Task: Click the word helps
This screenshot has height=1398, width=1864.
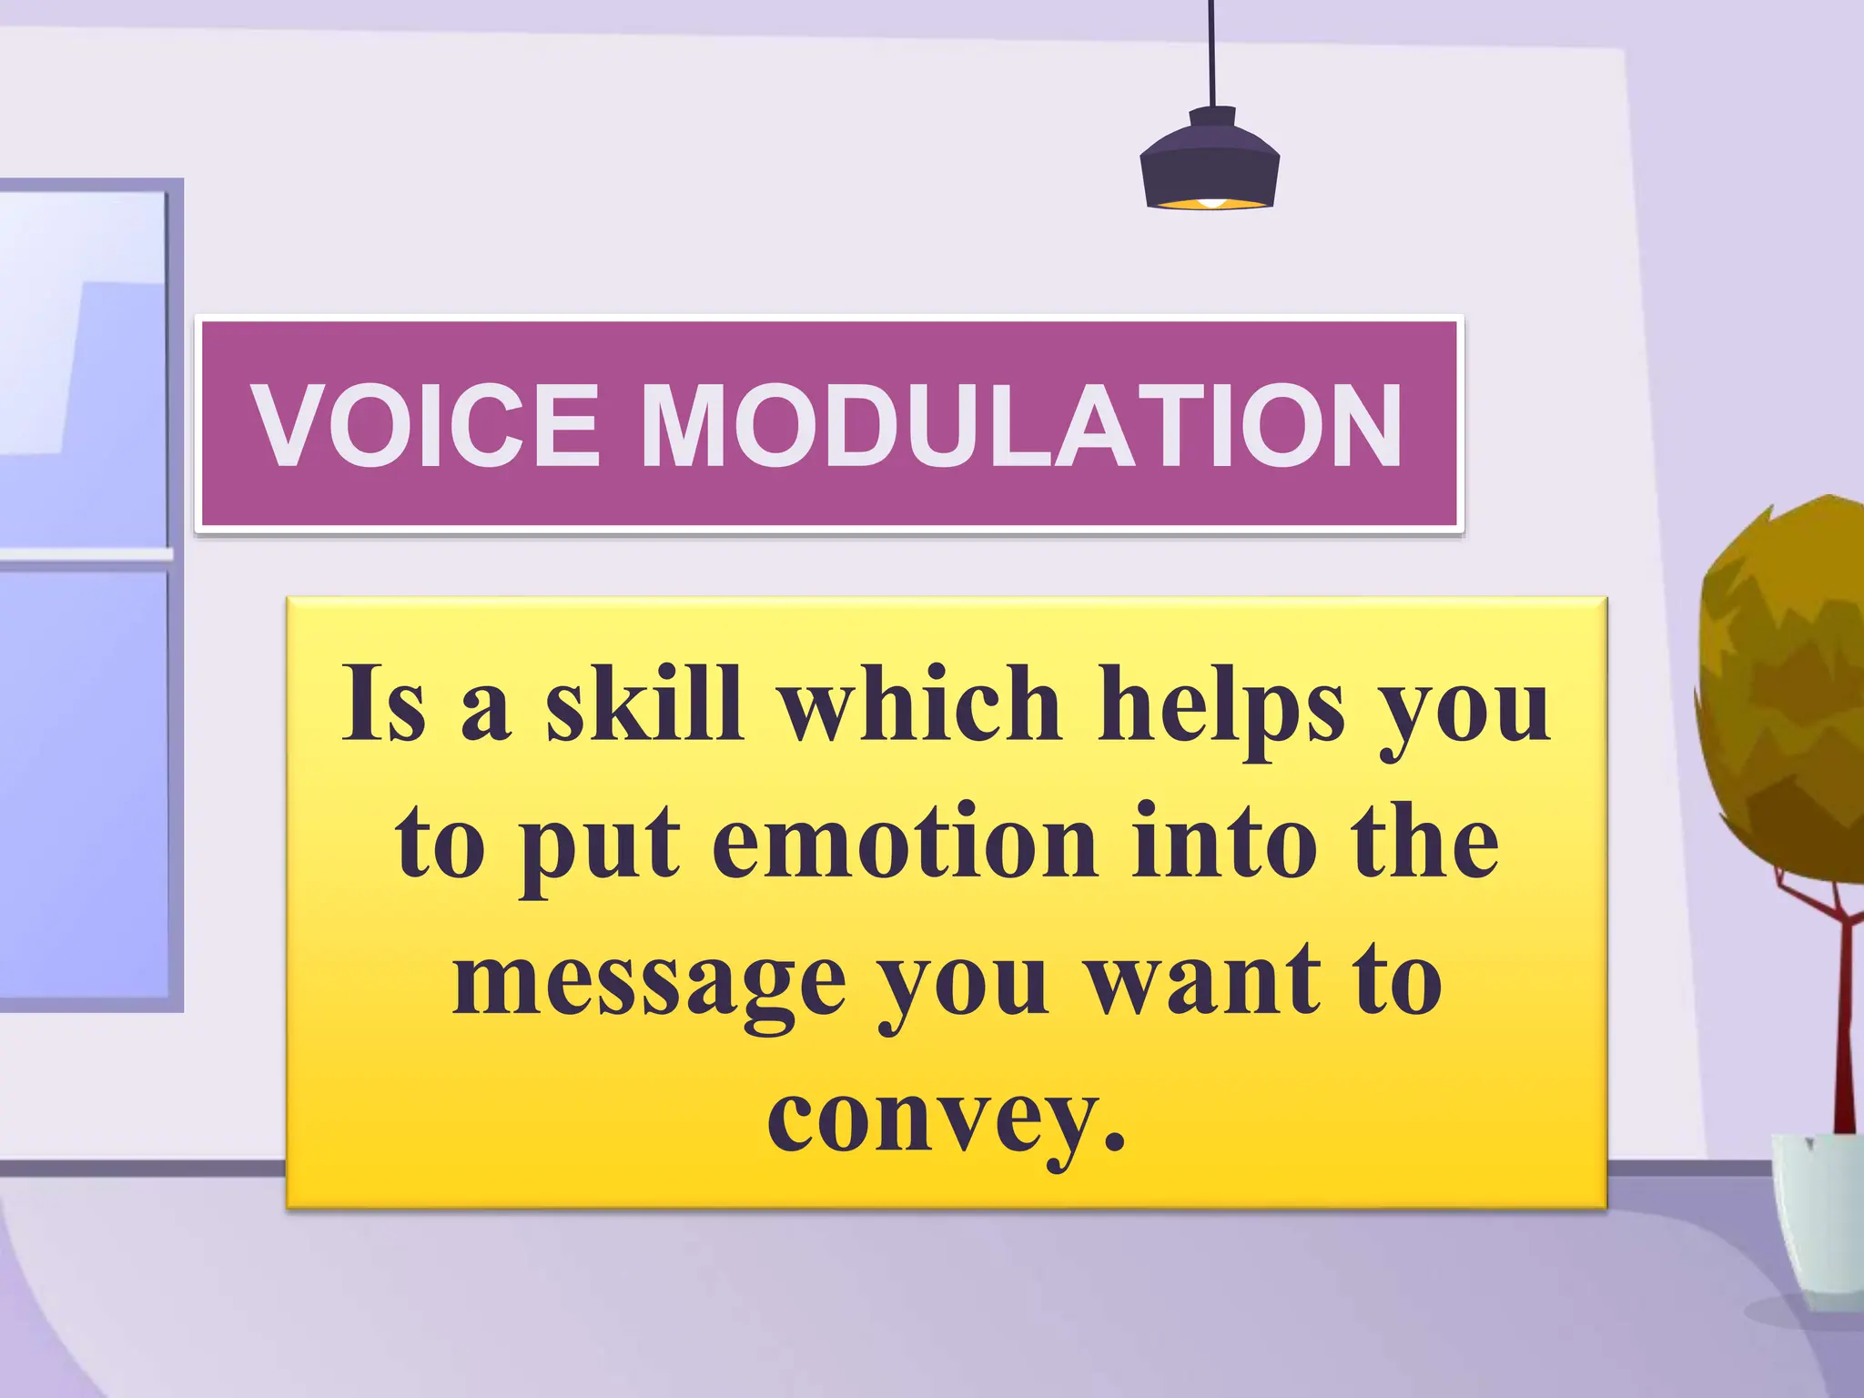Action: click(x=1221, y=705)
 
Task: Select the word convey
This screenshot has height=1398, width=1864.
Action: click(x=933, y=1119)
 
